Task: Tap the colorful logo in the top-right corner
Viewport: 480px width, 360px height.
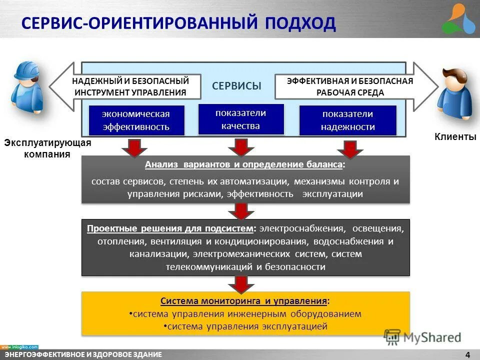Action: [x=460, y=18]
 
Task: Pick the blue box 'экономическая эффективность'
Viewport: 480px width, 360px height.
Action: [x=136, y=120]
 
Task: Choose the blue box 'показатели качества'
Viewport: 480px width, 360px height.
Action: [x=240, y=119]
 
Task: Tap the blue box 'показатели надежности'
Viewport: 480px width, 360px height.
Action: [x=347, y=120]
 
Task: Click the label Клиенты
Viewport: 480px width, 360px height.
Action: [x=455, y=137]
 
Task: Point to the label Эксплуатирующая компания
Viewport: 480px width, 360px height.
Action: [x=47, y=148]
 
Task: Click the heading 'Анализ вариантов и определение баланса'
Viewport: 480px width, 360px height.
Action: [x=244, y=165]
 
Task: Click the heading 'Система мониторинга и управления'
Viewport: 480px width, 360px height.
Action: [x=244, y=301]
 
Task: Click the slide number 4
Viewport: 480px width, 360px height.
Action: [x=467, y=355]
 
